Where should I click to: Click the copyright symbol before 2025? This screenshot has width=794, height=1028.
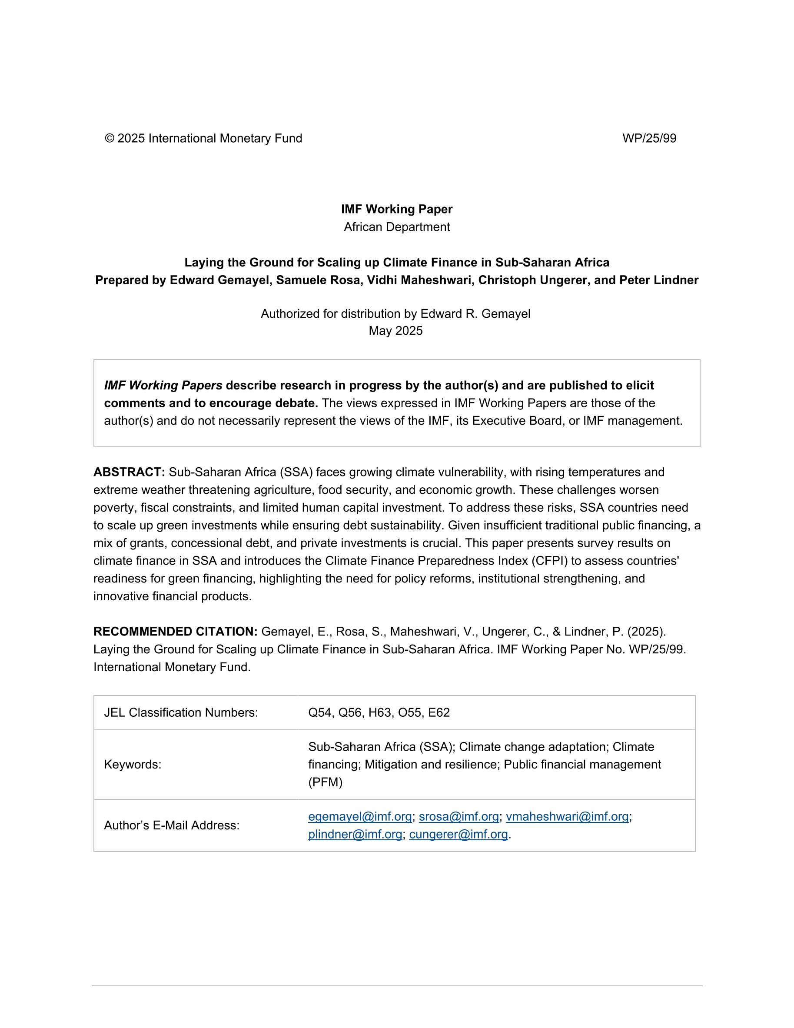click(x=109, y=138)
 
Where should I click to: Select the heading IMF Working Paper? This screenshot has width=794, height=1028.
click(x=397, y=209)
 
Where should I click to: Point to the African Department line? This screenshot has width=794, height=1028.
click(x=397, y=227)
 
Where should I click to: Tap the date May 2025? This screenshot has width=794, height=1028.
click(x=395, y=330)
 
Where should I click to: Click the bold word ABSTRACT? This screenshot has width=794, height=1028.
click(x=129, y=472)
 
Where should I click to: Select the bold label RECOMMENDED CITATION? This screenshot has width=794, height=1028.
click(x=175, y=632)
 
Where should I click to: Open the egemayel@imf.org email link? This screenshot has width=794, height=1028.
click(x=359, y=816)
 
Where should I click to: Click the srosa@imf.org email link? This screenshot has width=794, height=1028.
click(x=458, y=816)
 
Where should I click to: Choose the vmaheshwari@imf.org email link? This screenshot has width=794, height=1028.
click(x=567, y=816)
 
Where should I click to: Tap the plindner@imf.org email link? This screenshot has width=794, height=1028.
click(x=355, y=834)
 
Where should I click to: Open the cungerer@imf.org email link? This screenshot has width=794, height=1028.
click(x=458, y=834)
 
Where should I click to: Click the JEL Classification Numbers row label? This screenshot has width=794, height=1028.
click(x=181, y=712)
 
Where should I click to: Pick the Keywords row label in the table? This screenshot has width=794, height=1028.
click(x=132, y=765)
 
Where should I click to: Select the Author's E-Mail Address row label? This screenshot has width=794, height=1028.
click(x=171, y=825)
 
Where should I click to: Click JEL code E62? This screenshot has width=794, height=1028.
click(x=439, y=712)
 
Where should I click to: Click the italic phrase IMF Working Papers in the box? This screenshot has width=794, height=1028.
click(x=163, y=386)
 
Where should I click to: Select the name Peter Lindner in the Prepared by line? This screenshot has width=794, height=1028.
click(x=658, y=280)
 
